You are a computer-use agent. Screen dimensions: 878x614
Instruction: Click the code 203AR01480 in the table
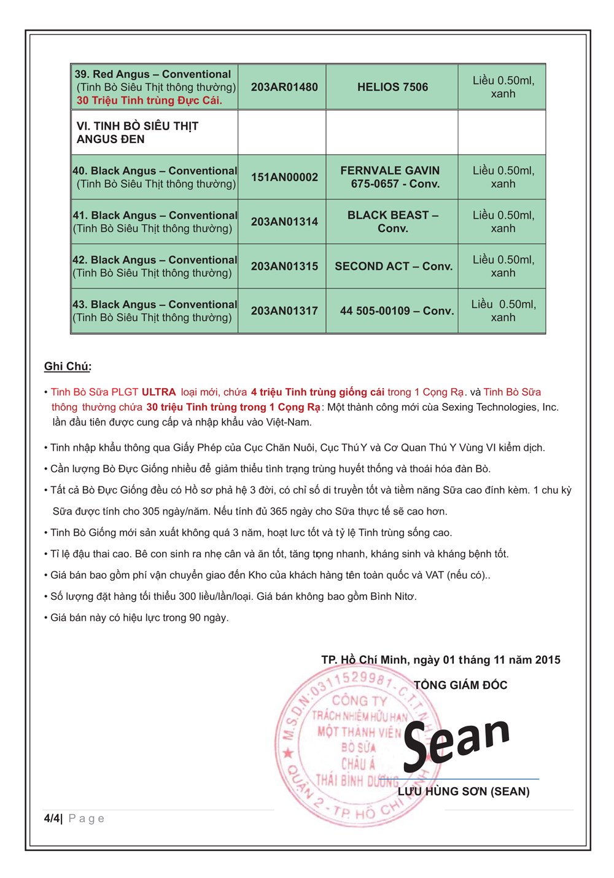284,87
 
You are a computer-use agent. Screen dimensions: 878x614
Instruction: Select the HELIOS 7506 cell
392,87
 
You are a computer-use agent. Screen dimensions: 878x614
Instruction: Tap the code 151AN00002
284,177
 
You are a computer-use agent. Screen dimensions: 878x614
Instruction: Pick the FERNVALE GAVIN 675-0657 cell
391,177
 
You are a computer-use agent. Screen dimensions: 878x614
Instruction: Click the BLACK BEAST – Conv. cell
392,222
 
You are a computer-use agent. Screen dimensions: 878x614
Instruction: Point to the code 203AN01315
284,266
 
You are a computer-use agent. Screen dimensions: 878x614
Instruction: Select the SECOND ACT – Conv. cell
393,266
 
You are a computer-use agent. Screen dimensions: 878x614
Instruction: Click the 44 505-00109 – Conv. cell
397,311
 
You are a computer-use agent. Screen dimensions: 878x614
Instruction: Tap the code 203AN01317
284,311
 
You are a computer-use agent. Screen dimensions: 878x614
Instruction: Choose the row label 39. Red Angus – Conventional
153,74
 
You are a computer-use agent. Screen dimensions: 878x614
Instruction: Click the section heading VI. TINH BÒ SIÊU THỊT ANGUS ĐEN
137,133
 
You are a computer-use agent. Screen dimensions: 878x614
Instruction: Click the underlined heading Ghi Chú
68,367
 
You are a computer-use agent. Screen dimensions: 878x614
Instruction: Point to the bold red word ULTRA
158,392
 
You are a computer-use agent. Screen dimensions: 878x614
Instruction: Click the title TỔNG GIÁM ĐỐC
460,685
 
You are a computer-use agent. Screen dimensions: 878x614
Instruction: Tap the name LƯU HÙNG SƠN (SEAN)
464,791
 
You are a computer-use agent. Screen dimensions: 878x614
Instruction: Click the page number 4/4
52,818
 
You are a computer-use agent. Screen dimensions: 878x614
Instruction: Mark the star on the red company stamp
288,753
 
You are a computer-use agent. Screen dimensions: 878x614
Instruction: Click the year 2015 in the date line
548,660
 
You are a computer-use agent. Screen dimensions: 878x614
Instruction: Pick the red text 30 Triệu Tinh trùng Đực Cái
149,101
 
